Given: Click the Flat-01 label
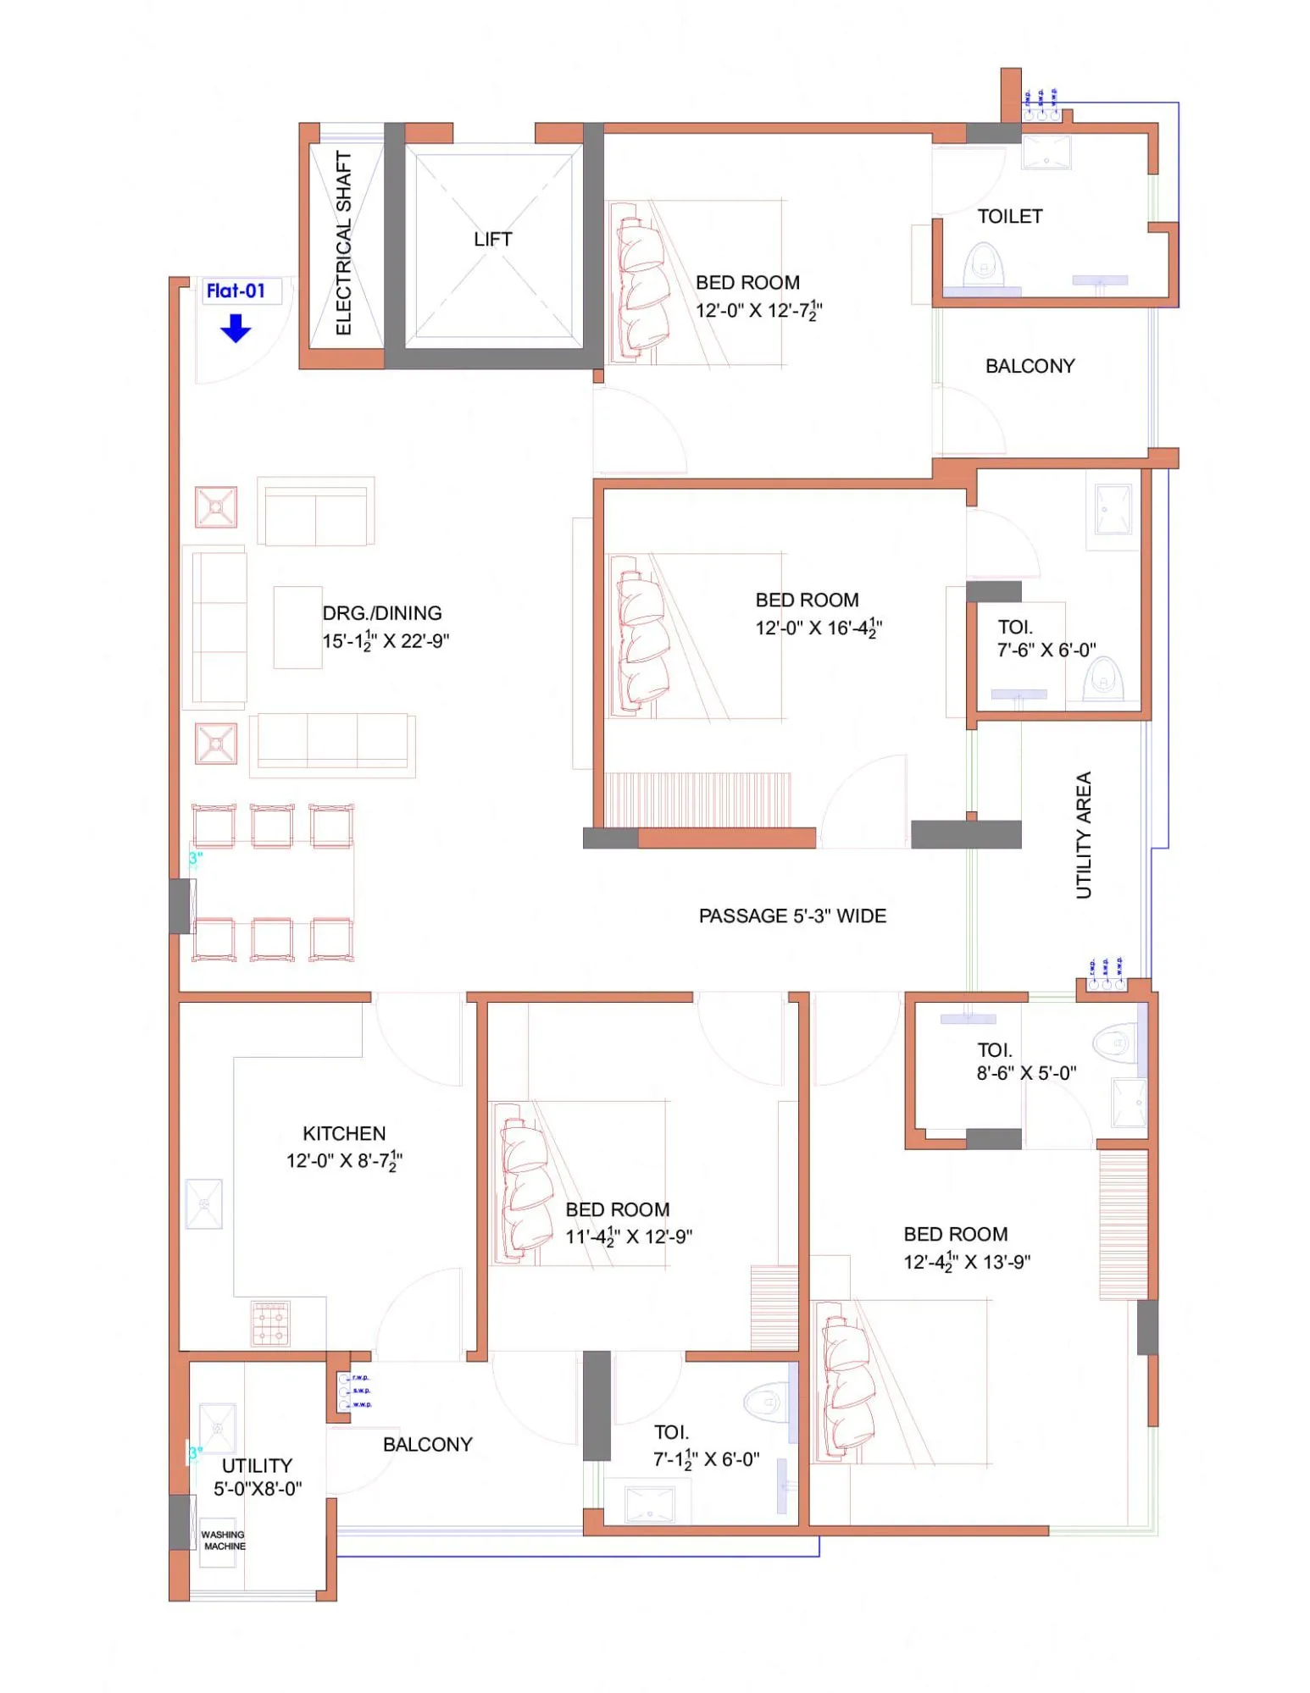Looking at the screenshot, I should (236, 291).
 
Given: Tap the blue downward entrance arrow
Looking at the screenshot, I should (236, 328).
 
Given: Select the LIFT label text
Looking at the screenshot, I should (492, 240).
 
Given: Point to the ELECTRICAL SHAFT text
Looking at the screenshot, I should (343, 243).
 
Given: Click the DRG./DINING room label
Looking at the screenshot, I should (382, 613).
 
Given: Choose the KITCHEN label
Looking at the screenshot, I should (344, 1133).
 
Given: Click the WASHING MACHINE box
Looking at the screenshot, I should (222, 1540).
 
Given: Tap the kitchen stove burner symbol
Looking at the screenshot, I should (271, 1324).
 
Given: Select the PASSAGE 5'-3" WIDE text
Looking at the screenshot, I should (792, 916).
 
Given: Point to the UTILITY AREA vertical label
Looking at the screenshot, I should (1084, 835).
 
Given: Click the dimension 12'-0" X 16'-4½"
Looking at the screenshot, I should (819, 628).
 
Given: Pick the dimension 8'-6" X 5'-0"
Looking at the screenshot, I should (1026, 1073).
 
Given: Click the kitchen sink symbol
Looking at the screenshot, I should (204, 1203).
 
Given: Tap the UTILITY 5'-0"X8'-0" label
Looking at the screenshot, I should (257, 1477).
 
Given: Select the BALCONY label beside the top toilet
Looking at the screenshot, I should (1030, 366).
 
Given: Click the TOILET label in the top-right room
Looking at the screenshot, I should (1009, 217).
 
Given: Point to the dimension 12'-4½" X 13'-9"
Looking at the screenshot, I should (967, 1262).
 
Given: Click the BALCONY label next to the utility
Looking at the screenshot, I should (427, 1445).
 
